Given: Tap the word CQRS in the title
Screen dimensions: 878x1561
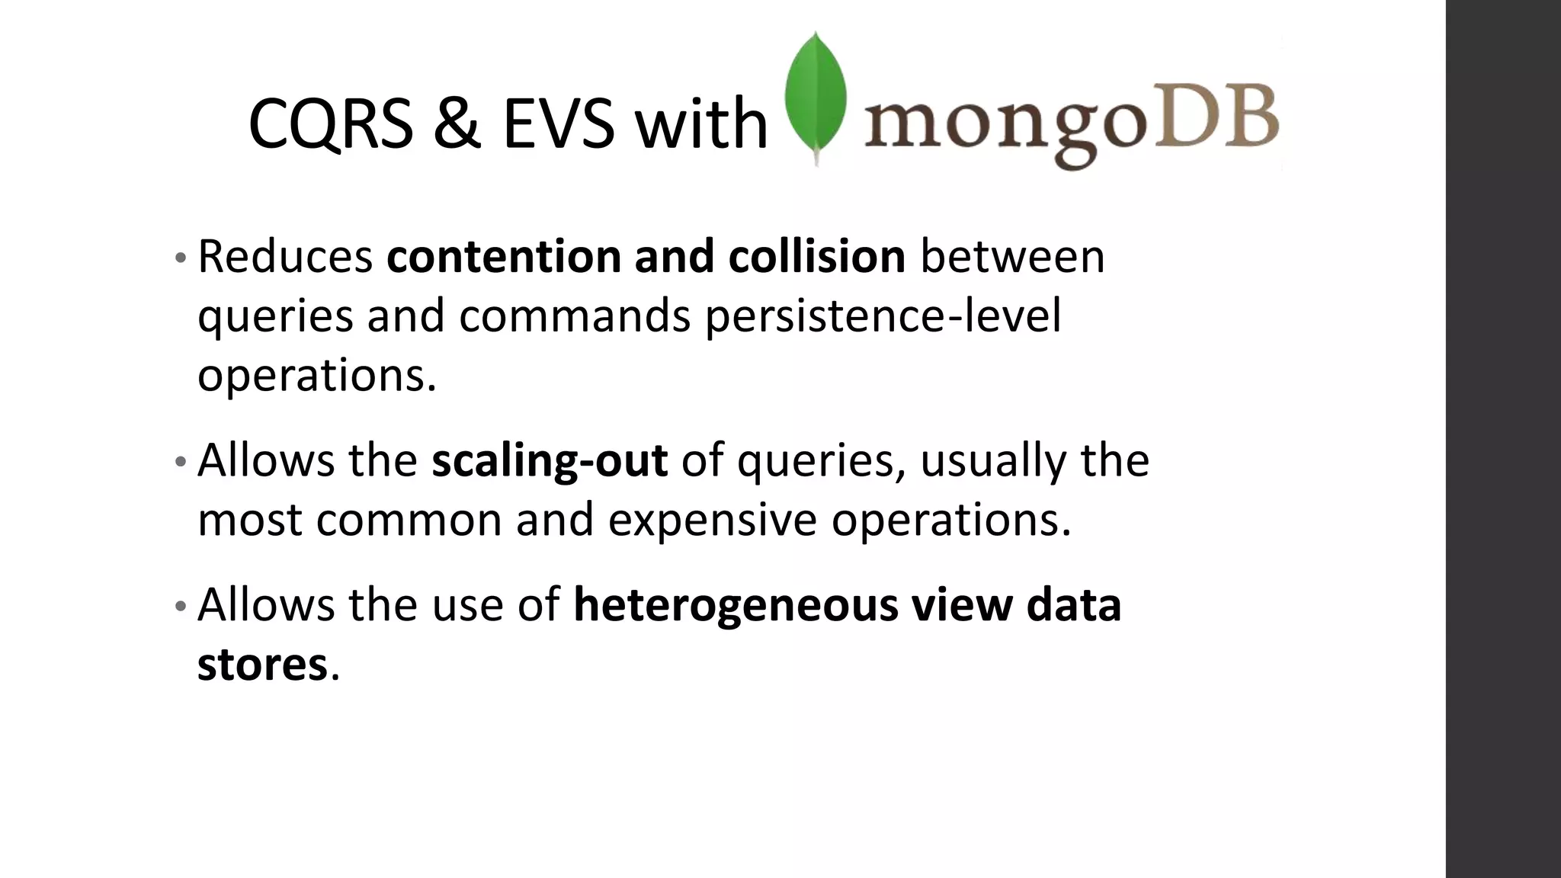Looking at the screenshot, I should pyautogui.click(x=330, y=124).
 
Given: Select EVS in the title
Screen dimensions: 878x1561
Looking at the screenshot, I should pyautogui.click(x=558, y=124).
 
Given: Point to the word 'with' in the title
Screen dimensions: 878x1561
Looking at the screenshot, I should pyautogui.click(x=701, y=124).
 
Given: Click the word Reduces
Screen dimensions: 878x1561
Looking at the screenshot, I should pyautogui.click(x=285, y=256).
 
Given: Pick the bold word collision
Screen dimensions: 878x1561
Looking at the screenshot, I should pyautogui.click(x=816, y=256).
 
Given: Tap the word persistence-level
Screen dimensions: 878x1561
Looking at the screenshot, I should pyautogui.click(x=883, y=316).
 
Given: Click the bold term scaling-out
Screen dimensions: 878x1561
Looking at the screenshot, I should pyautogui.click(x=549, y=460).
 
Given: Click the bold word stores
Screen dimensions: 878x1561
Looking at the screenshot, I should pyautogui.click(x=262, y=664).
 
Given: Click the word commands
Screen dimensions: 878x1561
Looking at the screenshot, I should pyautogui.click(x=574, y=316).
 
